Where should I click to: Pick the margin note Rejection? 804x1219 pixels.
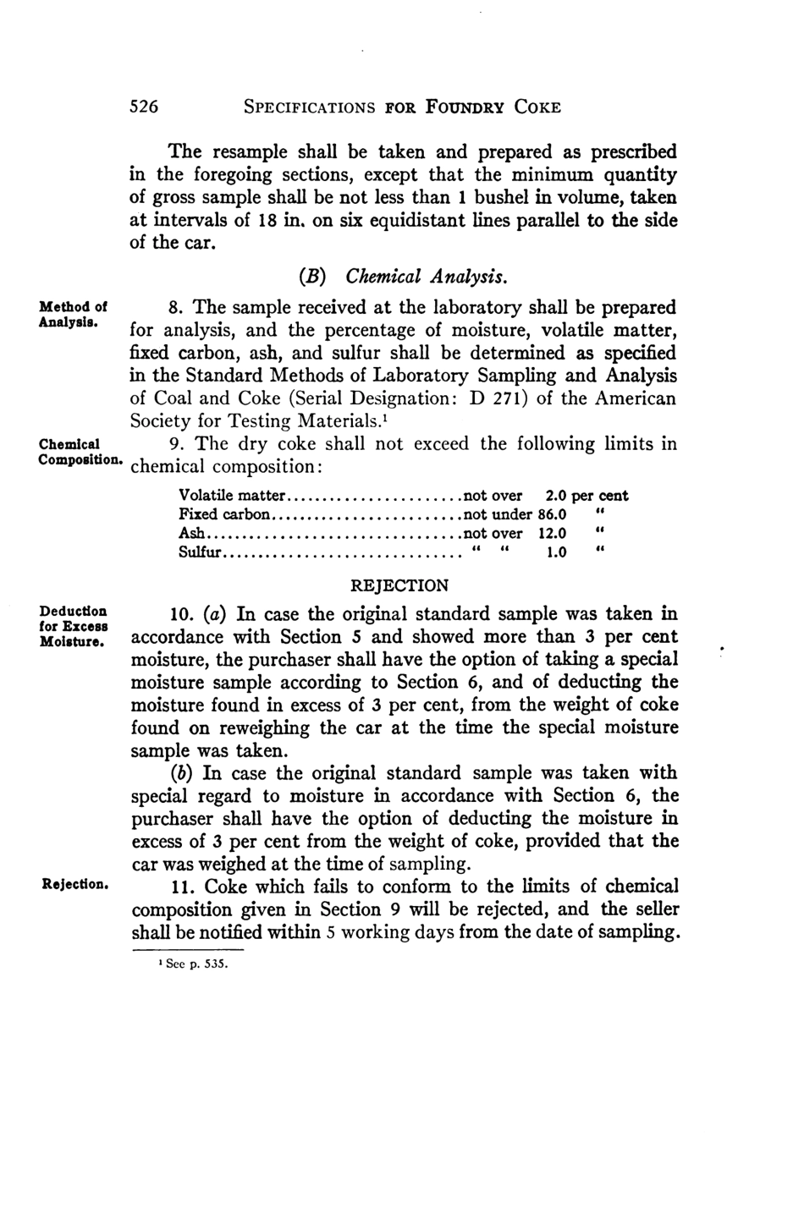point(74,885)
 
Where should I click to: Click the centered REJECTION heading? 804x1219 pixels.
point(399,585)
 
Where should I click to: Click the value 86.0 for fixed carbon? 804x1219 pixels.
point(552,514)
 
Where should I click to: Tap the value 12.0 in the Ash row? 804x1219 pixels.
point(552,534)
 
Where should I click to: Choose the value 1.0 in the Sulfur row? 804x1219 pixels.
point(555,553)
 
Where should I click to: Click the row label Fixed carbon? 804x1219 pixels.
point(224,514)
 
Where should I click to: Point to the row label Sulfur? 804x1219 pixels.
point(200,553)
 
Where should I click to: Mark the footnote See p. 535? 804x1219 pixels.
point(187,963)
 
